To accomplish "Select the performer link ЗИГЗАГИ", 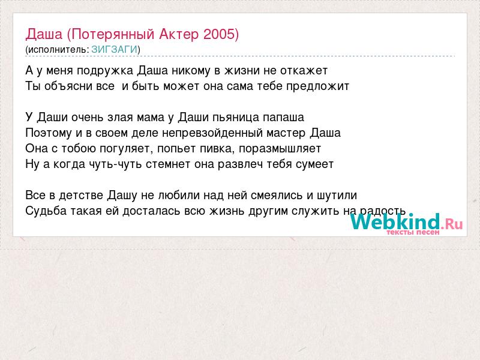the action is point(114,49).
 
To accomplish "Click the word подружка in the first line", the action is point(105,71).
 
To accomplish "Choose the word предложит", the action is point(317,86).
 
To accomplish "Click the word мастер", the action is point(286,133).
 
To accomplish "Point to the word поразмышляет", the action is point(280,149).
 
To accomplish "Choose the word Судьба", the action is point(46,211).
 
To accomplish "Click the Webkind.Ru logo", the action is point(407,223).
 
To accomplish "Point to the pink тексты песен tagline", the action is point(413,232).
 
